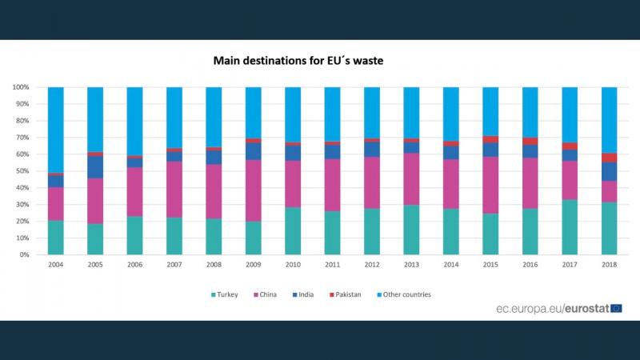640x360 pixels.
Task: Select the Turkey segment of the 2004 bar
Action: click(55, 238)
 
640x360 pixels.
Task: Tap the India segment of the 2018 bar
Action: click(609, 171)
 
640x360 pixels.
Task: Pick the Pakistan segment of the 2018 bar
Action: click(609, 158)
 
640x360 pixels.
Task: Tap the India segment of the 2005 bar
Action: click(95, 166)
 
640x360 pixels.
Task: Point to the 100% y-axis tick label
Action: click(21, 87)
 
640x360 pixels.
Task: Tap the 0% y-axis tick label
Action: click(25, 255)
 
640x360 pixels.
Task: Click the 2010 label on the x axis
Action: click(293, 264)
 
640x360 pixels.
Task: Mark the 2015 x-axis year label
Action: click(490, 264)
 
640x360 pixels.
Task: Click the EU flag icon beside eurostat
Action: click(615, 308)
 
